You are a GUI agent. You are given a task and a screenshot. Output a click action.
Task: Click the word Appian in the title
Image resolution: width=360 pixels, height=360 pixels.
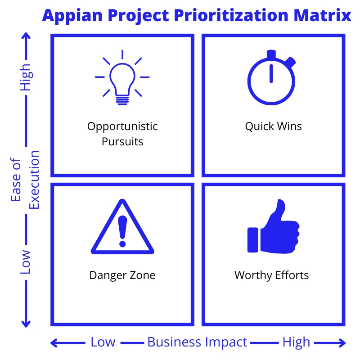pos(72,16)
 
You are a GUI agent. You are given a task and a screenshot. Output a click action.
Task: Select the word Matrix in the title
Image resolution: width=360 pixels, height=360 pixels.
pos(322,15)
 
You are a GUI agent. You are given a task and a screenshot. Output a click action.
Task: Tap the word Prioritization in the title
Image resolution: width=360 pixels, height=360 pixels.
pos(231,15)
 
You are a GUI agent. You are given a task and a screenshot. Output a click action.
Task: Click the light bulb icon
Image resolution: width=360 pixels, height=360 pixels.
pos(122,77)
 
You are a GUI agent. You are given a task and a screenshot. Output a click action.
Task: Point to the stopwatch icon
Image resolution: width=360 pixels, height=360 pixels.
pos(272,77)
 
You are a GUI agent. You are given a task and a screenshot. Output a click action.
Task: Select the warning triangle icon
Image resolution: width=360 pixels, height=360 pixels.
pos(122,227)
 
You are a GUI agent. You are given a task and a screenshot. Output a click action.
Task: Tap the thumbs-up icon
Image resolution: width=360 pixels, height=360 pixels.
pos(274,226)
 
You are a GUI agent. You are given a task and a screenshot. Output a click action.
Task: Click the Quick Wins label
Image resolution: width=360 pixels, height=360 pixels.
pos(274,126)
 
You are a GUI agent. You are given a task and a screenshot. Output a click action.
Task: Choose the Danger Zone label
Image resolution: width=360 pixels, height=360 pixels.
pos(122,275)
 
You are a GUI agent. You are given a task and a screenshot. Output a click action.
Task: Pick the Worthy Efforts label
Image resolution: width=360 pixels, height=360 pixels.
pos(272,275)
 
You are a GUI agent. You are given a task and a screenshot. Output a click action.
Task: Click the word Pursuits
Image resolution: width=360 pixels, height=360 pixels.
pos(122,141)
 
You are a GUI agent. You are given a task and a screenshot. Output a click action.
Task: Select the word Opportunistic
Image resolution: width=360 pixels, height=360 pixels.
pos(122,127)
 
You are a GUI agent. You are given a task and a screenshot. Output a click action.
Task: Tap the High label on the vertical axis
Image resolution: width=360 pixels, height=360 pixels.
pos(25,77)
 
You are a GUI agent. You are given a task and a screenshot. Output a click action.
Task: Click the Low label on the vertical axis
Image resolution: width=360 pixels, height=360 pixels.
pos(25,262)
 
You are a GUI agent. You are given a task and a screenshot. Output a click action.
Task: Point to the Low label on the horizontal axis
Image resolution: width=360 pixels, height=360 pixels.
pos(103,342)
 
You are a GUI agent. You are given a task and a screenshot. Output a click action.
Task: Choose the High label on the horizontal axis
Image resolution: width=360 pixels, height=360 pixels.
pos(296,342)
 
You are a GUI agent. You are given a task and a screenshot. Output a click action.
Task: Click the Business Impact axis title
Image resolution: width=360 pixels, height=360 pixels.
pos(197,342)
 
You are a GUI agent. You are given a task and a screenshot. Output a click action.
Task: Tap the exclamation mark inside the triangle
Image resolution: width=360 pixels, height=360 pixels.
pos(122,231)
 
